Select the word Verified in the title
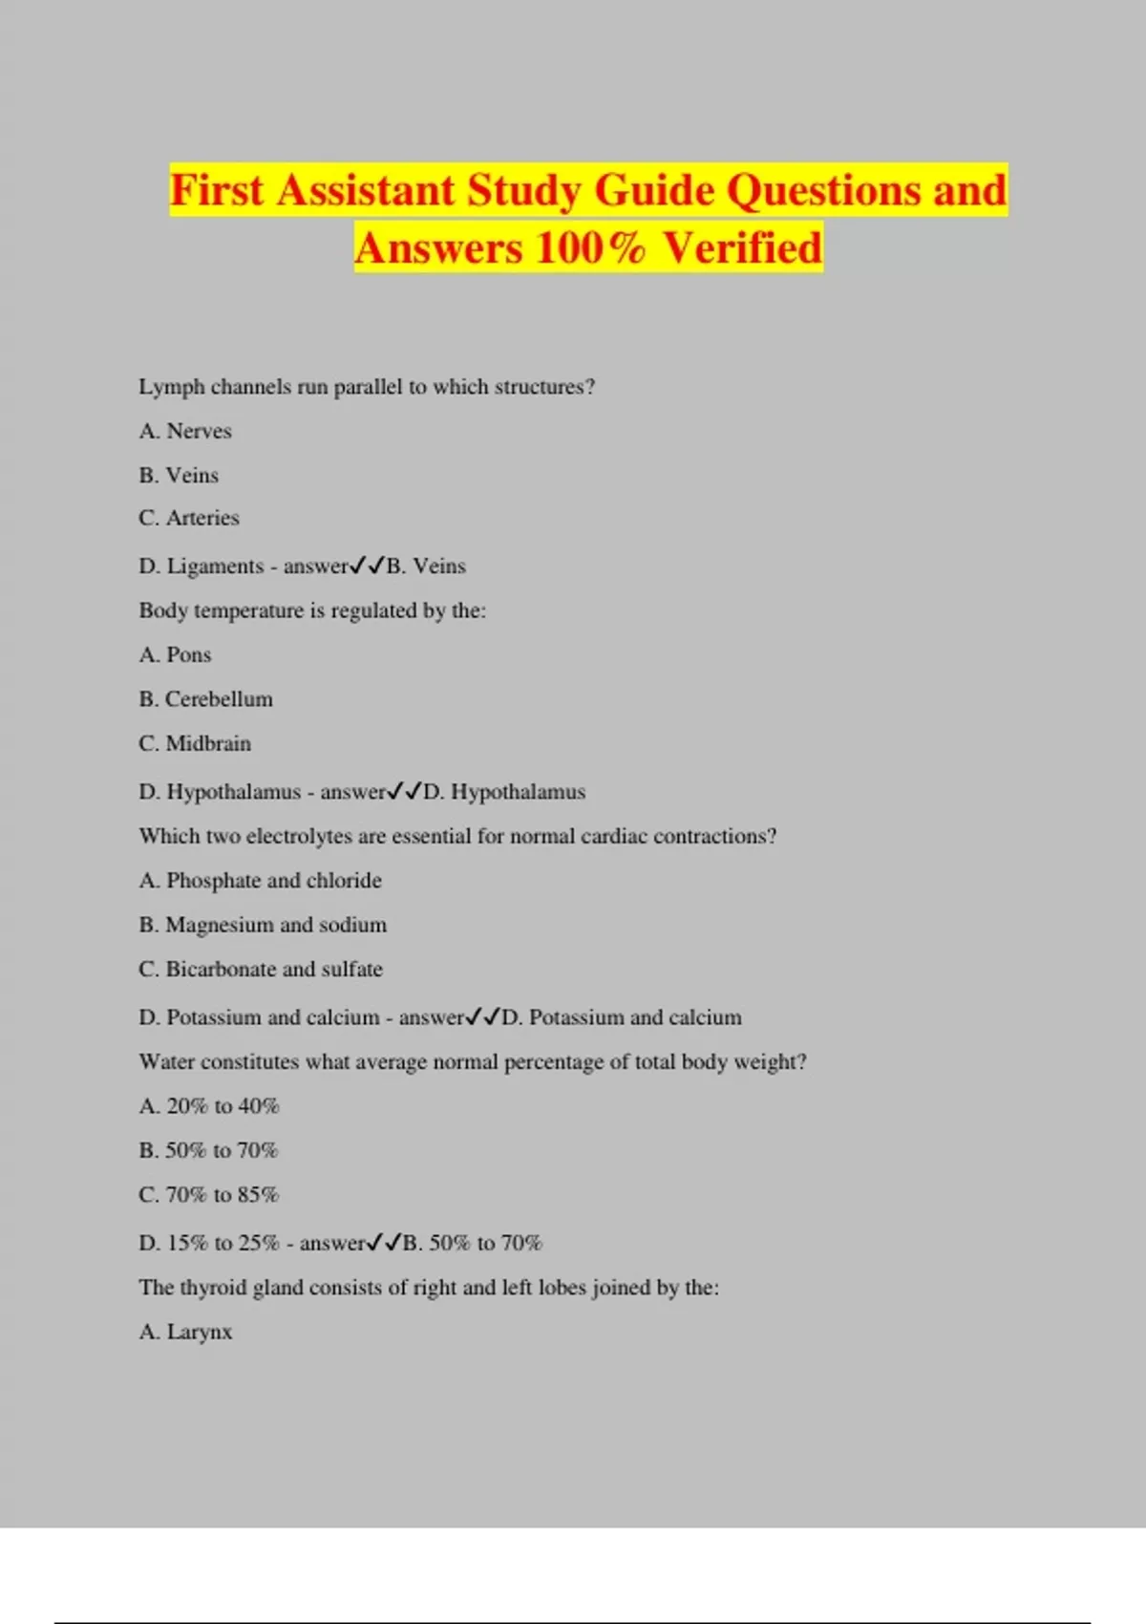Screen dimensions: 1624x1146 742,247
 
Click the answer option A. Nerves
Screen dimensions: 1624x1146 185,431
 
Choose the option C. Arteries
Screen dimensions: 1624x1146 189,518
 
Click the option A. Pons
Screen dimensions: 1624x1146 175,654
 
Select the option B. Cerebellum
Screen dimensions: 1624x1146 205,699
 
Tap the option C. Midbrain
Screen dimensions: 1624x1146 195,743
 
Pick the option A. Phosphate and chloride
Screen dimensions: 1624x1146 260,880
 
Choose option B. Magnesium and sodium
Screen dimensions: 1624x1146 263,925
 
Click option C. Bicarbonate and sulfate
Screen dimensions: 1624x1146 261,969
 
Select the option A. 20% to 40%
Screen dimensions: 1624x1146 209,1106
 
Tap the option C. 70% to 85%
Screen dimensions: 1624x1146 208,1195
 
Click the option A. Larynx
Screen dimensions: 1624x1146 185,1332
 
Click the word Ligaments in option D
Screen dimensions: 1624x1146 215,566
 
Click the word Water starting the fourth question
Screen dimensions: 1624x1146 167,1061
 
